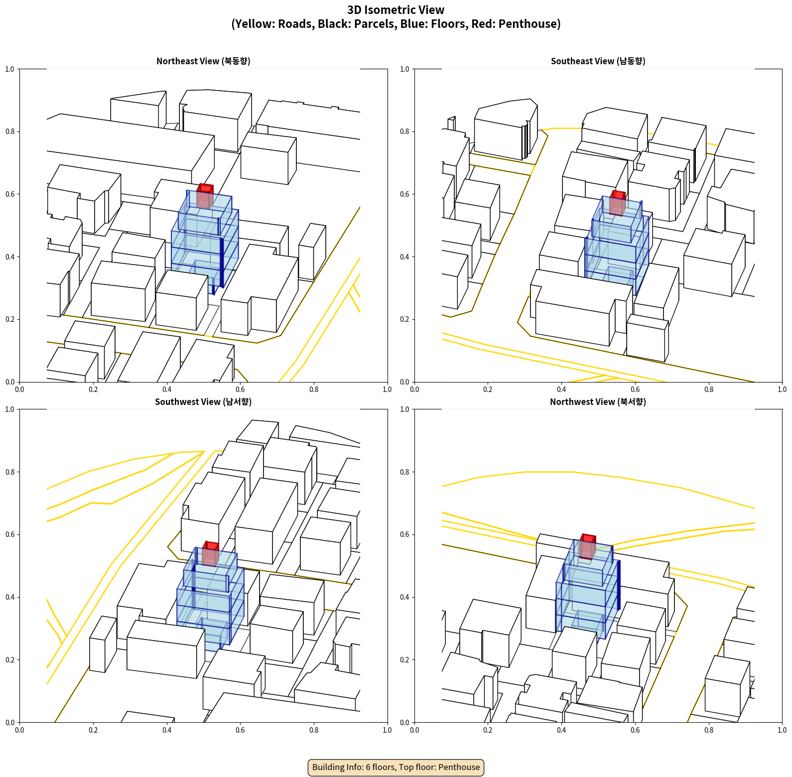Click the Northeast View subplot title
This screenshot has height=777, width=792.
click(x=203, y=61)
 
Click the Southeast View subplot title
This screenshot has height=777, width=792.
click(x=598, y=61)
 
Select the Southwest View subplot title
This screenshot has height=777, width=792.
click(x=203, y=402)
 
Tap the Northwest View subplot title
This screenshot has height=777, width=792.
click(x=598, y=402)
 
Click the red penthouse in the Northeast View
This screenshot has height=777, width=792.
click(x=205, y=196)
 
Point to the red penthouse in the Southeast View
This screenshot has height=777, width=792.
click(x=618, y=203)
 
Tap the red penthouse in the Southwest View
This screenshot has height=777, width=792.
click(x=210, y=553)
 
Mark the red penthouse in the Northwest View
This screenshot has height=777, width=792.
click(x=588, y=546)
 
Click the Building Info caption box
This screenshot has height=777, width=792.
click(x=396, y=767)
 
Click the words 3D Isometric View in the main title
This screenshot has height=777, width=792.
click(x=396, y=10)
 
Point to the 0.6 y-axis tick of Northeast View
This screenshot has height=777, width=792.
click(x=10, y=194)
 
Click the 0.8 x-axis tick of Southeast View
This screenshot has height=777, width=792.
click(x=709, y=389)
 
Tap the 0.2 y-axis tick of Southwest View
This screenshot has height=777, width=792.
click(x=10, y=660)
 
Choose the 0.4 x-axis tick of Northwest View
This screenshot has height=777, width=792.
click(x=561, y=730)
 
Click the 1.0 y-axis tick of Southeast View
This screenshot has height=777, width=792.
click(x=405, y=69)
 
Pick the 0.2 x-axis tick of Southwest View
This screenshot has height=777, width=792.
click(x=93, y=730)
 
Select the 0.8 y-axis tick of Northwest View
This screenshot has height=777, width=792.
click(x=405, y=472)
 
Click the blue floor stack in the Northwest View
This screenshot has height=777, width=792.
click(x=588, y=593)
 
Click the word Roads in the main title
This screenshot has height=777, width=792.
click(x=295, y=24)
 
